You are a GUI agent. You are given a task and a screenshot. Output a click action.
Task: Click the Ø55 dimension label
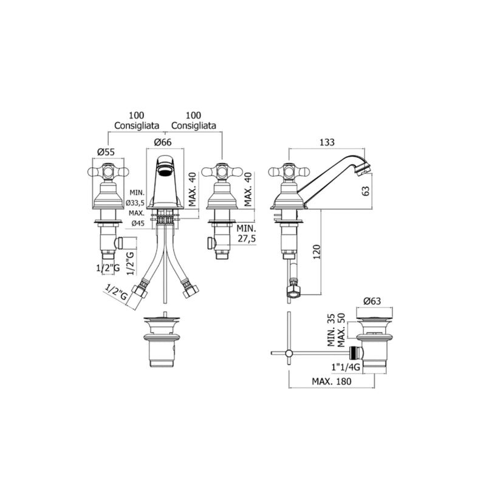click(106, 152)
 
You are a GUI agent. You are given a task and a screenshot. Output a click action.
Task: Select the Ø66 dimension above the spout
click(163, 142)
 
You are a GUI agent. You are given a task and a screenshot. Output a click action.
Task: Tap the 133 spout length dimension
click(327, 142)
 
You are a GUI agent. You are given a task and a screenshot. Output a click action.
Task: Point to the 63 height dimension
click(366, 191)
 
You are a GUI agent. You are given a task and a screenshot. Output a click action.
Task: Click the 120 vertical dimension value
click(317, 252)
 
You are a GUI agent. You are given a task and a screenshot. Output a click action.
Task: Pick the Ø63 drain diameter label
click(372, 301)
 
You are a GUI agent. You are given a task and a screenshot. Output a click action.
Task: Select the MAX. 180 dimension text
click(332, 381)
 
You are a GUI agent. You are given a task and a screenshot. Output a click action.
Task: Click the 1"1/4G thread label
click(346, 367)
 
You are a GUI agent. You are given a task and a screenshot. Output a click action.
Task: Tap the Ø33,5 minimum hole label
click(135, 203)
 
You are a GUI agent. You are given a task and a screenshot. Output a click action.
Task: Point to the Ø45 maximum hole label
click(138, 223)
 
